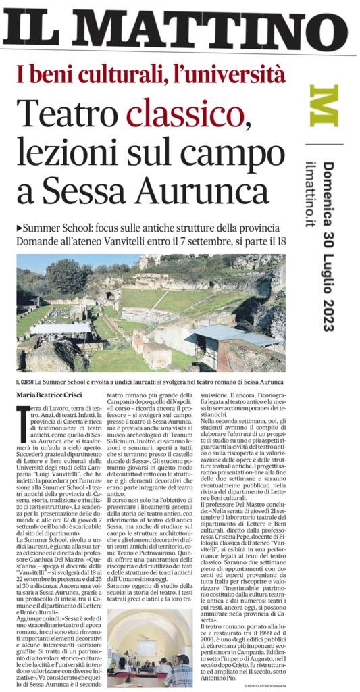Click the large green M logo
click(x=324, y=105)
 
